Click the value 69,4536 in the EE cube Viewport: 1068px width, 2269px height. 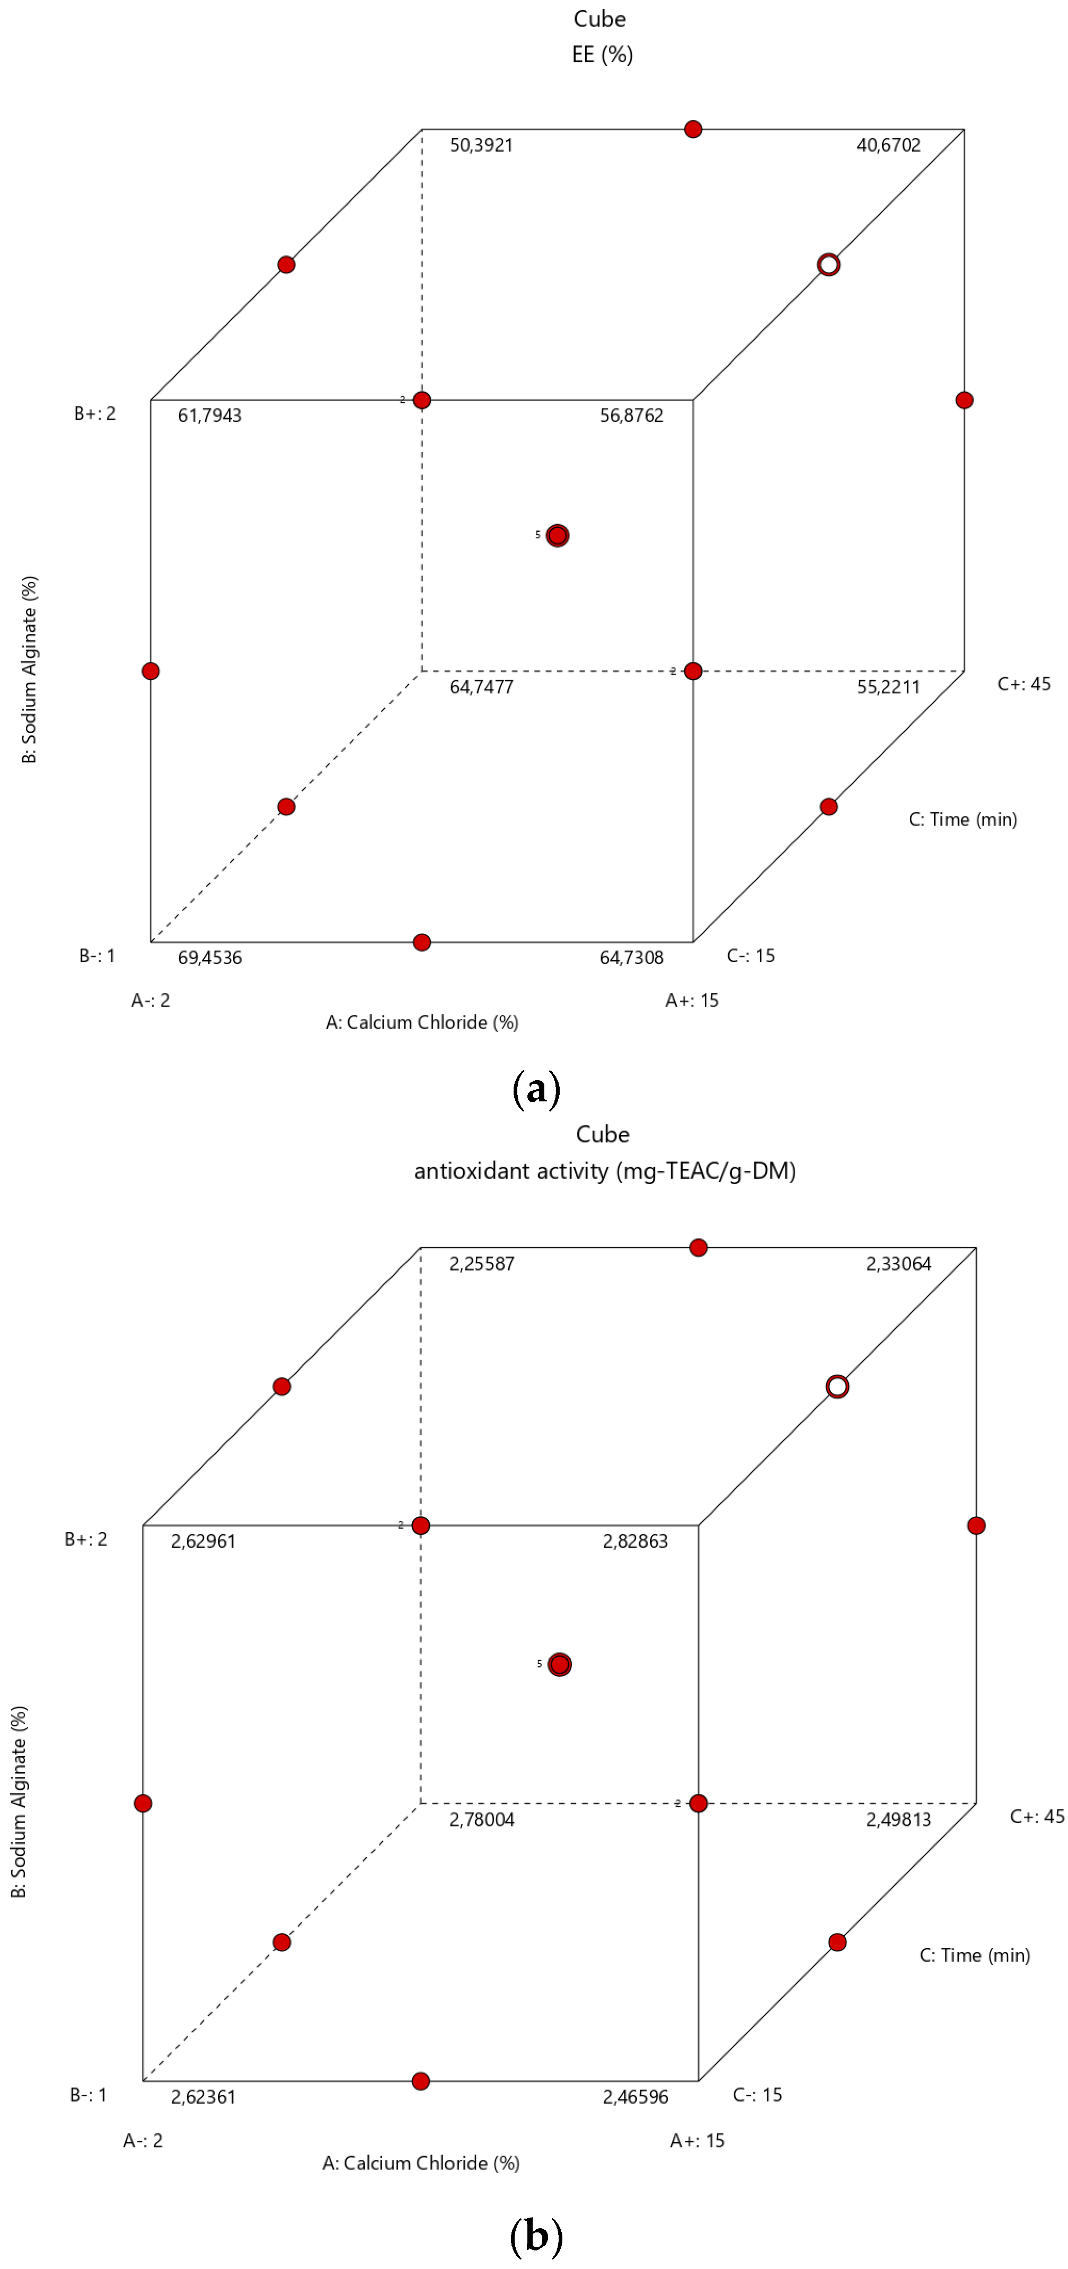pos(210,957)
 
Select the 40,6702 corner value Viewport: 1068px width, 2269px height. pos(888,145)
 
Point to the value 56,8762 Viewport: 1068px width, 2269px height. pos(632,416)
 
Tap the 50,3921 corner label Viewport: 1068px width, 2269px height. pos(481,145)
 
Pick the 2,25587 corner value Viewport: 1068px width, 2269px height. pos(482,1264)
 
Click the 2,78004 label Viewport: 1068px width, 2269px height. pos(482,1820)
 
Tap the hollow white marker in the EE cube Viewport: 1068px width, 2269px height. pos(828,265)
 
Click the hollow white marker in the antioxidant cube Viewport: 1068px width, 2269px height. pos(837,1387)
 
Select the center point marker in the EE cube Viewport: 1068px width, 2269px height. pos(558,535)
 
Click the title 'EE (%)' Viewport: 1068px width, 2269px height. pos(602,55)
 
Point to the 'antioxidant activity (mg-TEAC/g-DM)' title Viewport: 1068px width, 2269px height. pos(605,1171)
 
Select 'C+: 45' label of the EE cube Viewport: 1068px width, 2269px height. pos(1024,684)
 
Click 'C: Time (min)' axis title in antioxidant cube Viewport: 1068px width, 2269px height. pos(975,1955)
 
